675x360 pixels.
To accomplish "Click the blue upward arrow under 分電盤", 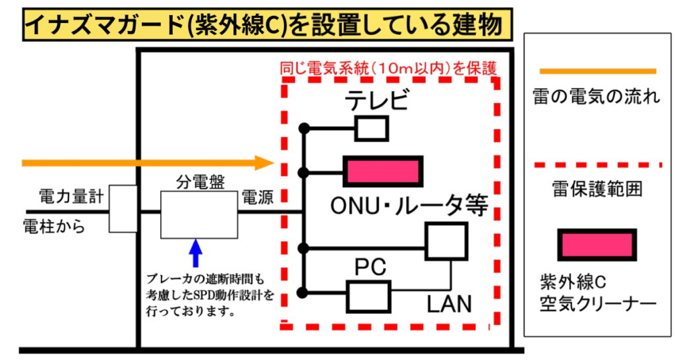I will click(x=194, y=253).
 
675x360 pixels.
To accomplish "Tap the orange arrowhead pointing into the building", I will click(x=265, y=162).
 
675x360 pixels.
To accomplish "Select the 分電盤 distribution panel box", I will click(x=198, y=214).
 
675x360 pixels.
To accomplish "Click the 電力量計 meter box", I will click(x=123, y=208).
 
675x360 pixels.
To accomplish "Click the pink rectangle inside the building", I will click(x=383, y=171).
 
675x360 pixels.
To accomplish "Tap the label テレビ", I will click(x=378, y=101).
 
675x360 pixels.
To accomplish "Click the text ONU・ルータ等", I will click(x=409, y=206).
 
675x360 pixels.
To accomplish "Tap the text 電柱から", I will click(x=54, y=226).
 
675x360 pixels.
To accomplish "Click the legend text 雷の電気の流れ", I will click(x=595, y=99).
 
